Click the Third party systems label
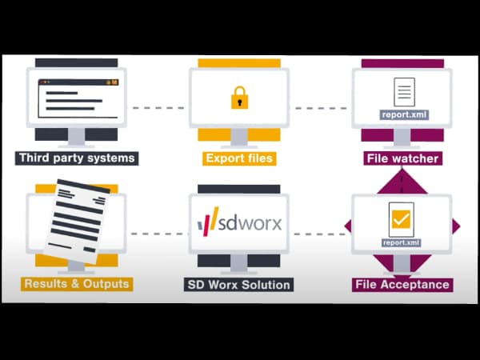(x=77, y=158)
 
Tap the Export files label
(x=239, y=158)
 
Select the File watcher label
(x=402, y=158)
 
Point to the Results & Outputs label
(x=77, y=284)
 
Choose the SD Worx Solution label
(x=239, y=284)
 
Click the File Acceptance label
(x=402, y=284)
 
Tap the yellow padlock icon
(x=239, y=98)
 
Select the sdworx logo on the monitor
(x=239, y=222)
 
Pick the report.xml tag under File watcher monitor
(x=405, y=114)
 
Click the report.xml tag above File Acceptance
(x=402, y=242)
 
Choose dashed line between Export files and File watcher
(x=321, y=107)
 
